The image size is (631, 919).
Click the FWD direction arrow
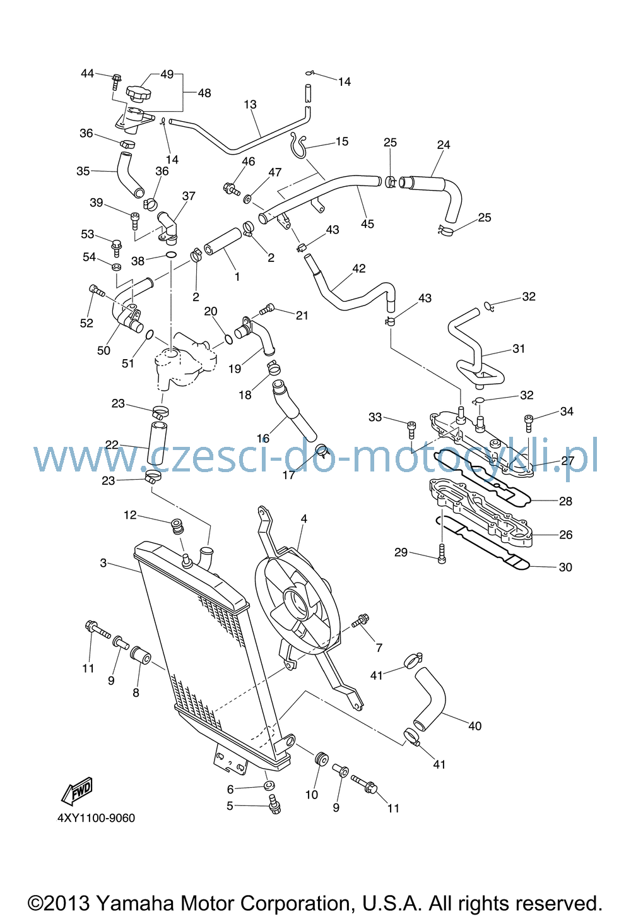click(77, 791)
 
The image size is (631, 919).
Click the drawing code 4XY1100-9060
click(96, 818)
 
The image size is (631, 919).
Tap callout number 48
click(204, 93)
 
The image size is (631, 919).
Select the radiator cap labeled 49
click(138, 93)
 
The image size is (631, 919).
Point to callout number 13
click(250, 105)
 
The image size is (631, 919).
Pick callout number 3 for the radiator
click(103, 563)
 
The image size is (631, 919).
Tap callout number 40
click(475, 726)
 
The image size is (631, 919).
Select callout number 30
click(565, 567)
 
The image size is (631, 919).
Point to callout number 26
click(566, 535)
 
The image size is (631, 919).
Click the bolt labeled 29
click(442, 554)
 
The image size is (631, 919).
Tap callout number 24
click(444, 145)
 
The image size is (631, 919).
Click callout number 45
click(368, 223)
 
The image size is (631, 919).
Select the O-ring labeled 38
click(171, 255)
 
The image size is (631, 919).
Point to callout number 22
click(112, 445)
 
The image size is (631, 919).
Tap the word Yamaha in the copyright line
click(136, 904)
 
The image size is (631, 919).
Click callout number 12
click(130, 515)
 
